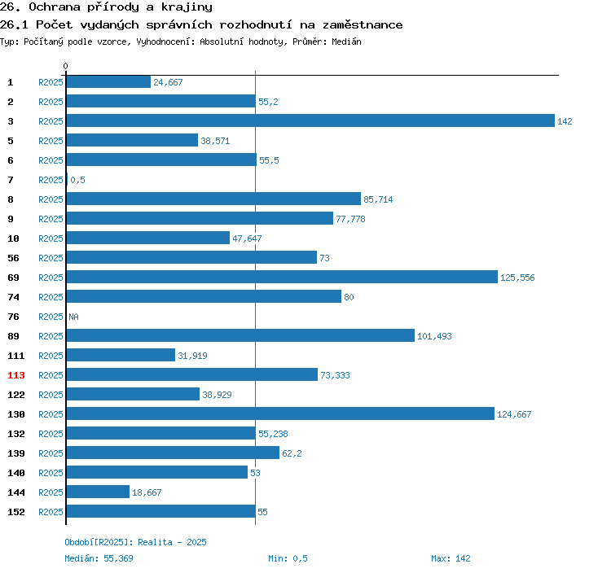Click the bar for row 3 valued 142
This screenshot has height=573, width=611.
pos(310,120)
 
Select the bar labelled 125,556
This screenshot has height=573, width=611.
pos(282,277)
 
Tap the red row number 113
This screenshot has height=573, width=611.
pos(16,375)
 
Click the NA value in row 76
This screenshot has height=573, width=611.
pos(73,317)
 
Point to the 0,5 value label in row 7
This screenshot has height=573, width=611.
pos(77,180)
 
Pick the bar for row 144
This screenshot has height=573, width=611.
pos(98,492)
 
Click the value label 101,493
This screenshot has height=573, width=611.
pos(434,336)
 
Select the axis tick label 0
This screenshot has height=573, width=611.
pos(65,66)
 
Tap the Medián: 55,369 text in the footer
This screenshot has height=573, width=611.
pos(99,558)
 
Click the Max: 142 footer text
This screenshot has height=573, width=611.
pos(451,558)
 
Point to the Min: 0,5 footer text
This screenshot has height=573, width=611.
pos(288,558)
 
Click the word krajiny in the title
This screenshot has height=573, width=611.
pos(187,7)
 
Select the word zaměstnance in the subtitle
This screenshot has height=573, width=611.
pos(363,25)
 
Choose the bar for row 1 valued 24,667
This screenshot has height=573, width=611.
pos(108,81)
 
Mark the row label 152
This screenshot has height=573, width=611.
pos(16,512)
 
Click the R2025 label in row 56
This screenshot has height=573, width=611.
pos(51,258)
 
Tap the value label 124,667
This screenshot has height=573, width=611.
pos(514,414)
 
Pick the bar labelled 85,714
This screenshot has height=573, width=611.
pos(213,199)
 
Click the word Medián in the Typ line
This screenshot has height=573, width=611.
pos(346,42)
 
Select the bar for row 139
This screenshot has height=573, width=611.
pos(173,453)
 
